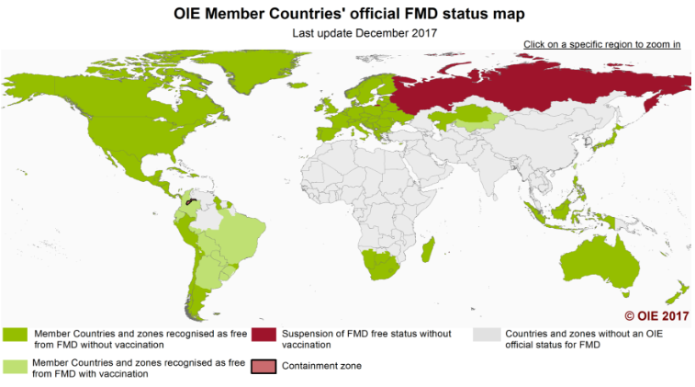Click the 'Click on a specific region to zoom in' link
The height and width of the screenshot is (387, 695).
tap(601, 44)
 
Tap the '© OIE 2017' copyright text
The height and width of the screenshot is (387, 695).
tap(656, 315)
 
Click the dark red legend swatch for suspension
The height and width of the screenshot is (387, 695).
tap(263, 336)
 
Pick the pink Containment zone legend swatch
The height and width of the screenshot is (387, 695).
tap(263, 366)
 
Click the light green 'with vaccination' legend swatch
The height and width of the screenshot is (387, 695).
tap(16, 366)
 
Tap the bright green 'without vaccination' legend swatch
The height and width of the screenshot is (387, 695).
tap(16, 336)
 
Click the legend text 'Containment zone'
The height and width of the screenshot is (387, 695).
tap(321, 366)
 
